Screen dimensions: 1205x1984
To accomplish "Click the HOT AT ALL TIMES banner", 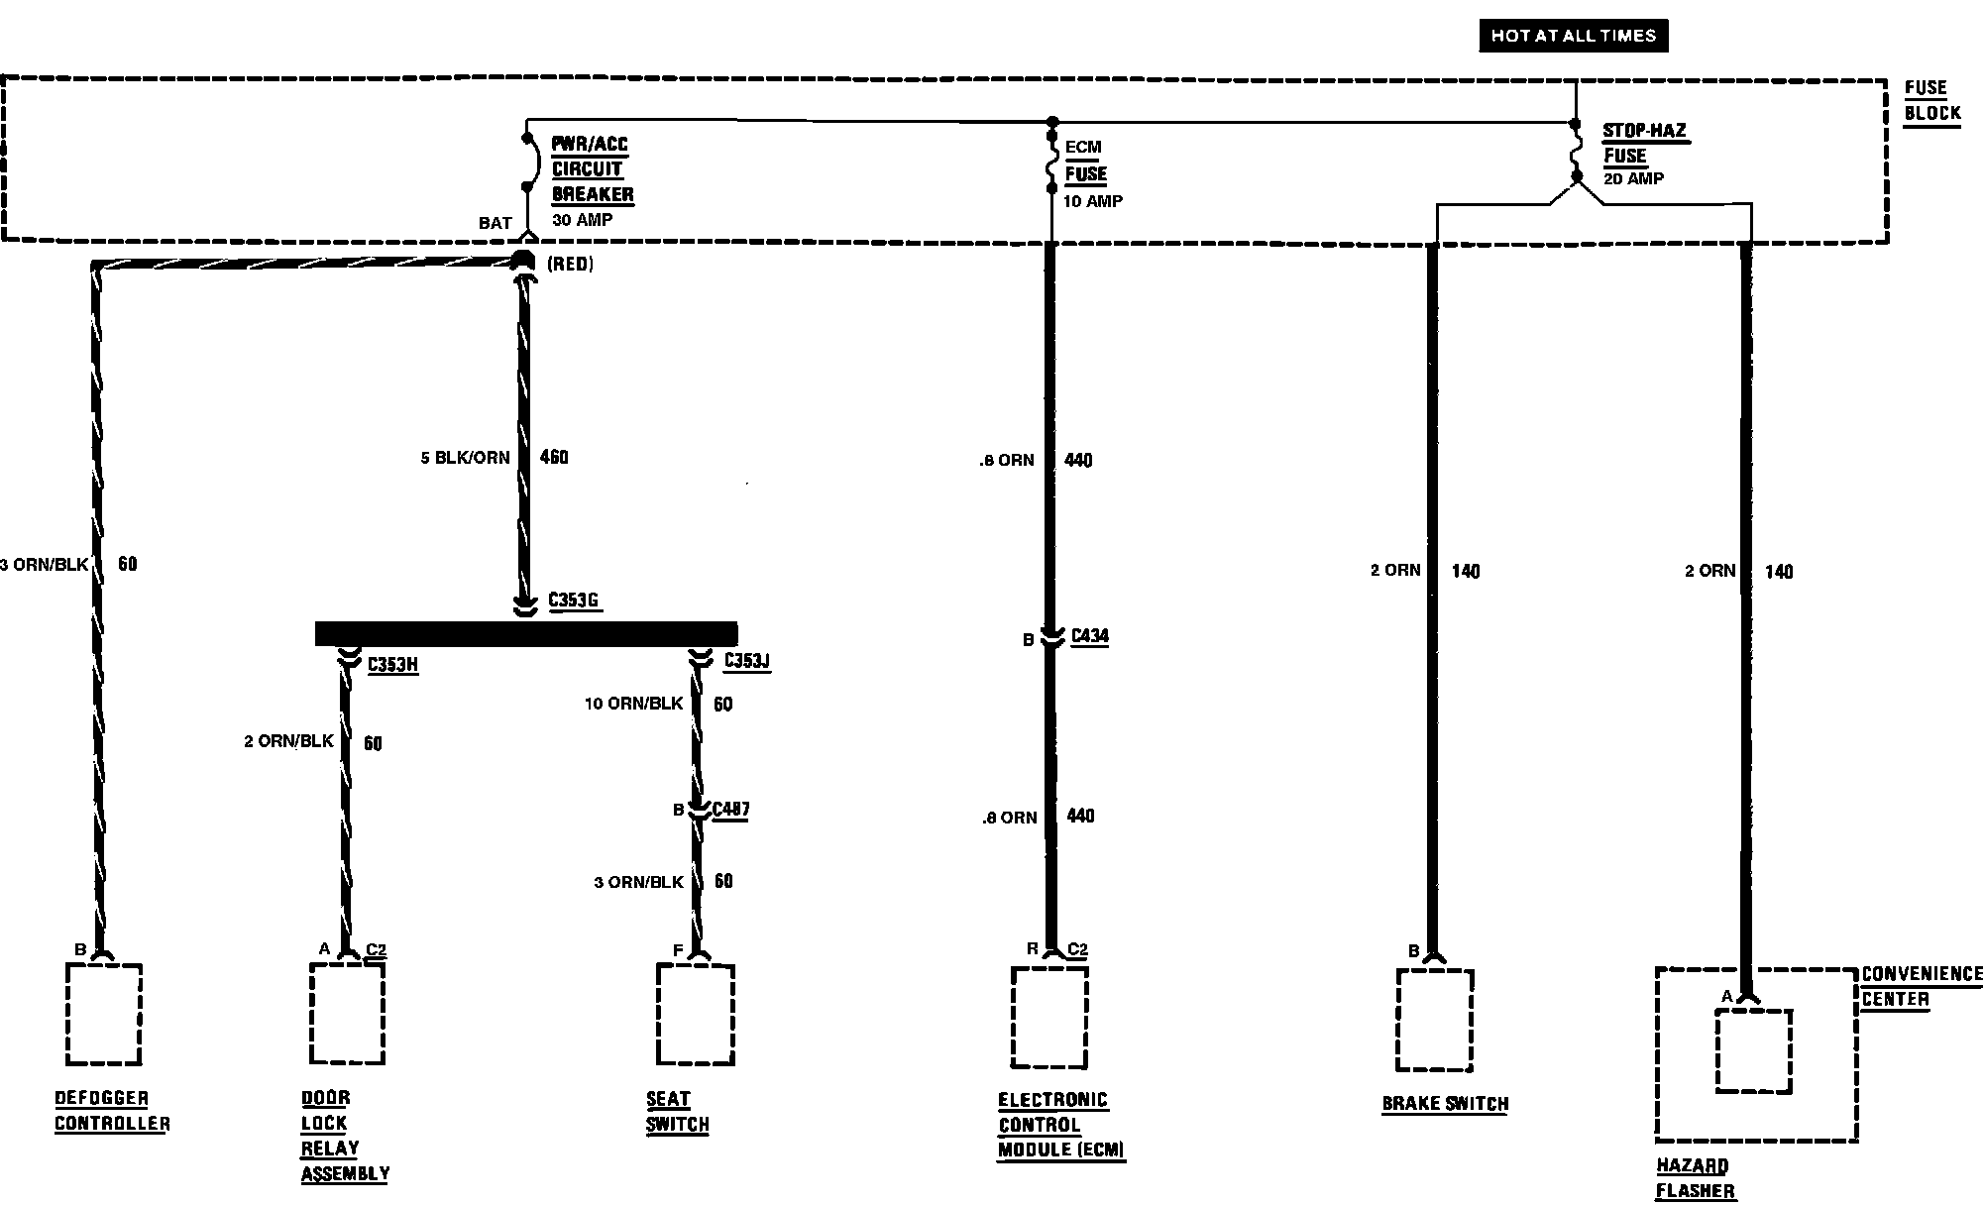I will (1573, 36).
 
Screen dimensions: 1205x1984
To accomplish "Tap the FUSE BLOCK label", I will (1931, 100).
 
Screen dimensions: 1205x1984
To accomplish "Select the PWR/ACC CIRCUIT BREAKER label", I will (592, 169).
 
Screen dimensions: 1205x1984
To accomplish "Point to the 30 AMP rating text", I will (582, 220).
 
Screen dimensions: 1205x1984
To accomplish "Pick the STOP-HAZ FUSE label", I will (1643, 143).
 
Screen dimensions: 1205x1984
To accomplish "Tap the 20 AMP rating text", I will (1633, 179).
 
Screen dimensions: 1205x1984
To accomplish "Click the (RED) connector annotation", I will (569, 265).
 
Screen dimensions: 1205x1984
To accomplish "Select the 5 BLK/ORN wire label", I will (465, 458).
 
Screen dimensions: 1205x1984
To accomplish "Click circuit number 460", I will (554, 457).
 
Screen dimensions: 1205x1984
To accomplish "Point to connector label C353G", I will (574, 601).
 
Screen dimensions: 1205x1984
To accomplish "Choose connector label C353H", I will (392, 664).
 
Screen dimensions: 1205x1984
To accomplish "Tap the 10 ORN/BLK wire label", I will (633, 704).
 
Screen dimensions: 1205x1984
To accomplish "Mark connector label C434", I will (1089, 636).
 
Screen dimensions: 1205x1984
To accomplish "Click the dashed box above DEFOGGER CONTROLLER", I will (103, 1014).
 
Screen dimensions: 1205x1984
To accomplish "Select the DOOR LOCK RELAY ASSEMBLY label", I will (344, 1136).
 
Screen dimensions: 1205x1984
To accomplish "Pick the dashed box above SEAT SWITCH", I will (695, 1014).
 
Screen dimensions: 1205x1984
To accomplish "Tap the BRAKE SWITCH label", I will (1444, 1104).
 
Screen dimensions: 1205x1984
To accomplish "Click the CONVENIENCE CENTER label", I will (1921, 986).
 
